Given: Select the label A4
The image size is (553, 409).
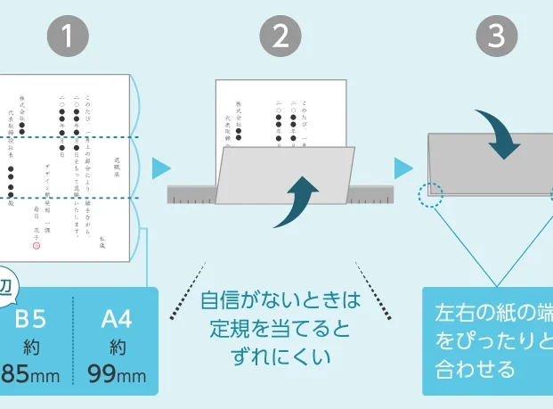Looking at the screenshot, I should pos(117,319).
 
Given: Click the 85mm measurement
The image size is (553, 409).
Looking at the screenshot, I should pos(31,374).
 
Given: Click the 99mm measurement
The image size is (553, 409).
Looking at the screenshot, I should pos(117,374).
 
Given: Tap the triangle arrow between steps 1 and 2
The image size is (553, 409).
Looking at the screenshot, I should pos(160,168).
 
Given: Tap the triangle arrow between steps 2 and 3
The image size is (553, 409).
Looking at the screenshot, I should pos(403,168).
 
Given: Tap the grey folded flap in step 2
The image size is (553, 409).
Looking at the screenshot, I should pos(267,183).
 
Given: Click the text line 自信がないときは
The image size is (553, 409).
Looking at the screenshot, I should pos(280,299).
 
